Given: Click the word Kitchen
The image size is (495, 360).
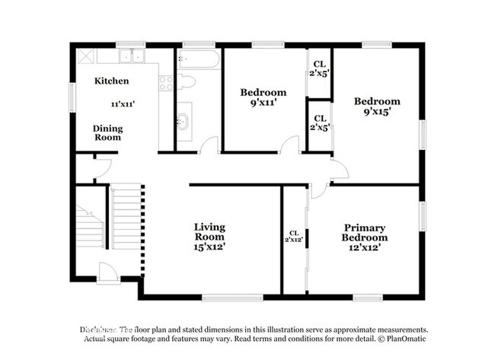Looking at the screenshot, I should pos(111,81).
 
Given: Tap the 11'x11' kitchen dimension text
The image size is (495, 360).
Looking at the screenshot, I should pos(123,104).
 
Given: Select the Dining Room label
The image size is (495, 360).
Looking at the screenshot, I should pos(108,133).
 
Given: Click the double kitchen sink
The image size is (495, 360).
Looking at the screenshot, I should pos(131,56).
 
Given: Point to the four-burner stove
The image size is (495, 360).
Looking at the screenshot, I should pos(166,83).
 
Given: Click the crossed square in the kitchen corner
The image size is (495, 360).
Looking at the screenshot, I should pos(84,56).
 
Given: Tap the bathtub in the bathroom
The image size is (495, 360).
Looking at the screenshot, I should pos(199,59).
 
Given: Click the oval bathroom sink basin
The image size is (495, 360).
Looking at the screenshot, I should pos(183,121).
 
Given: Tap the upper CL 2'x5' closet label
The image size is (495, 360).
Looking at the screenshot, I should pos(320,69).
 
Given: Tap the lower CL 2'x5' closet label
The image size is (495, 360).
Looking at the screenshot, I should pos(320,123).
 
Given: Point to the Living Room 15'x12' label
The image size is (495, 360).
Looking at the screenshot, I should pos(209,237).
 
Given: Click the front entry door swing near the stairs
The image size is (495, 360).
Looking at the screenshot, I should pos(107,272).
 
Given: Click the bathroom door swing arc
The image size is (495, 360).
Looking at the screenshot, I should pos(209,145).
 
